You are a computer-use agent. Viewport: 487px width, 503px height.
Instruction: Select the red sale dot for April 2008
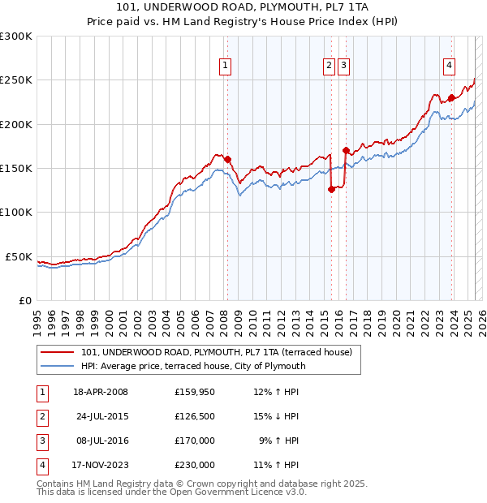[227, 159]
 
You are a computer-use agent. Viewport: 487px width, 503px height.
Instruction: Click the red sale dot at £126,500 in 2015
[331, 189]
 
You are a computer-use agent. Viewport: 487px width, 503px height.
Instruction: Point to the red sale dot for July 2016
[346, 150]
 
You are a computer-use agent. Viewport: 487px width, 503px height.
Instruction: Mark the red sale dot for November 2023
[450, 97]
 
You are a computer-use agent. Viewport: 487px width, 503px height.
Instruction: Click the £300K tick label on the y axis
[16, 37]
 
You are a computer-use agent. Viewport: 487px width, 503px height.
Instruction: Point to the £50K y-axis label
[19, 256]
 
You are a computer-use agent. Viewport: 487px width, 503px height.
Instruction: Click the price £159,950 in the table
[194, 393]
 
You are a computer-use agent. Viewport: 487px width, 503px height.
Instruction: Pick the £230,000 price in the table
[194, 465]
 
